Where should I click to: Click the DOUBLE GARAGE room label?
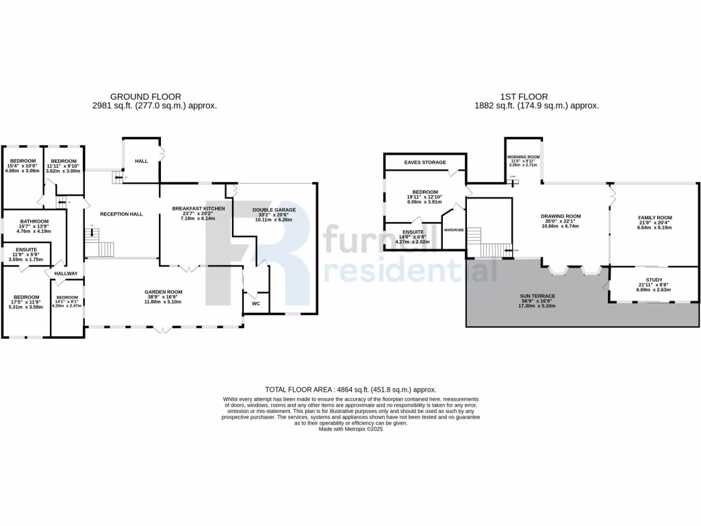point(274,210)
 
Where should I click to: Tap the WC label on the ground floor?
point(256,303)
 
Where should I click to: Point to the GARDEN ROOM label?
point(163,292)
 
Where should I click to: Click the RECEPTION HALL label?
point(121,214)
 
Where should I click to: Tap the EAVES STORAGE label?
point(425,162)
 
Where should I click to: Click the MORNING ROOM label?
point(524,157)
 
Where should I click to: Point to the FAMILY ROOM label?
point(655,218)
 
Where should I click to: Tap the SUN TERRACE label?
point(537,296)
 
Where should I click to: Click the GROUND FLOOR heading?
point(146,97)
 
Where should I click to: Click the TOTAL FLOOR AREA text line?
point(350,389)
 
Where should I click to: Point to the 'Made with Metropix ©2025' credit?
point(350,429)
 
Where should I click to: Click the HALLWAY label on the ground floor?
point(66,274)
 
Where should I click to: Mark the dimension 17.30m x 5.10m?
point(537,305)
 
